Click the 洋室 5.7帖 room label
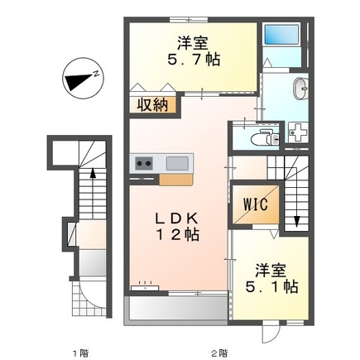click(194, 51)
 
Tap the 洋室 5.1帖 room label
click(271, 279)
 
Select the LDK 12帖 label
click(177, 227)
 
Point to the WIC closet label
click(255, 204)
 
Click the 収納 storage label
click(152, 105)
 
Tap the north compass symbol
click(83, 79)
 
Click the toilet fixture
click(265, 137)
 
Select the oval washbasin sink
click(300, 89)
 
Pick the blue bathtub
click(281, 34)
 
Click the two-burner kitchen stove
click(144, 163)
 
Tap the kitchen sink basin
click(177, 163)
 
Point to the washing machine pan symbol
click(298, 132)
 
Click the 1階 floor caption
click(81, 353)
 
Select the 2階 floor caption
click(219, 353)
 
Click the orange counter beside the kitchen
click(176, 180)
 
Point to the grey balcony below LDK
click(177, 309)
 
